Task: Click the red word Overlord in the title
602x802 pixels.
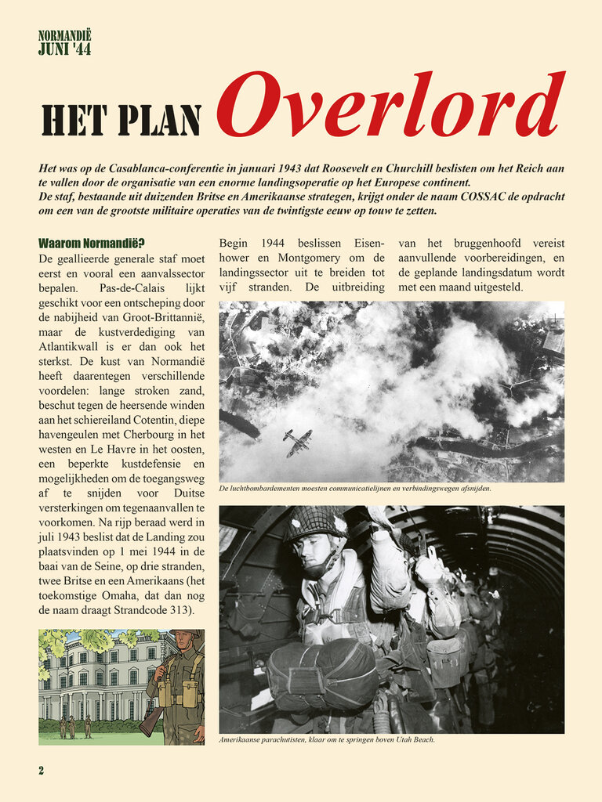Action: coord(390,106)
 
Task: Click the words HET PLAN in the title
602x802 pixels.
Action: coord(121,119)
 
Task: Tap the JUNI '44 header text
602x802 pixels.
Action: coord(64,49)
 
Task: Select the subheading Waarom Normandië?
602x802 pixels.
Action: coord(91,244)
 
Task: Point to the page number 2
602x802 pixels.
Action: coord(42,770)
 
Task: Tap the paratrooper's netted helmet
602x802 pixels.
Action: coord(315,523)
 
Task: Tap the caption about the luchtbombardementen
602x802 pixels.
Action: coord(355,489)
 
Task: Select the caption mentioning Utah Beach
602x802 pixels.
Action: coord(326,739)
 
